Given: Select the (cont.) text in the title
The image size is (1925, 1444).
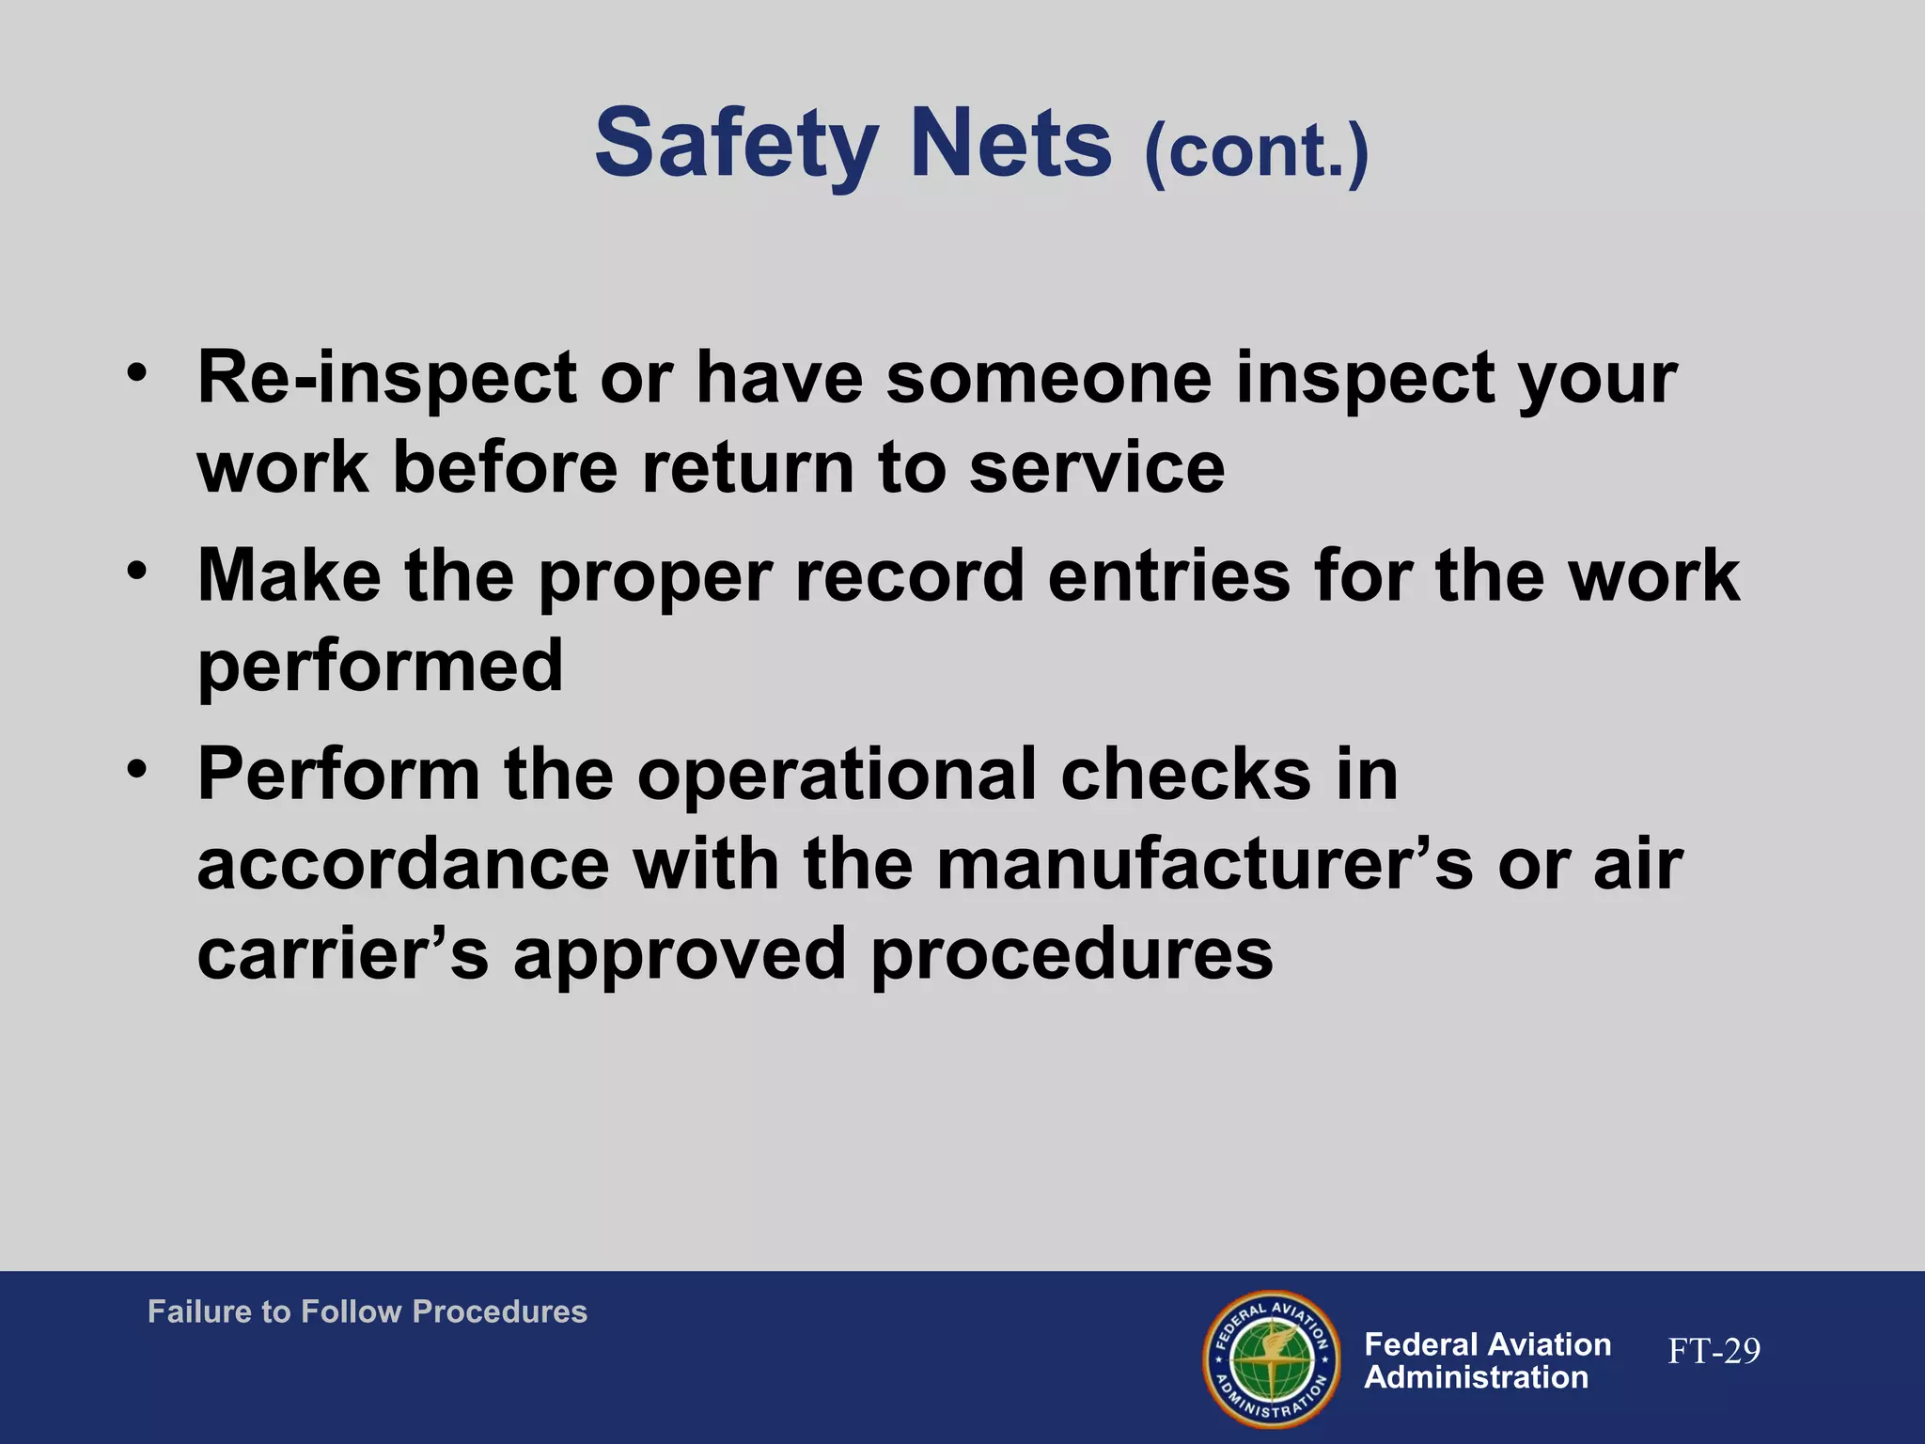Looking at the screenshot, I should point(1256,151).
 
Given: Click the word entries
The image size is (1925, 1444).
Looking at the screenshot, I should point(1168,575).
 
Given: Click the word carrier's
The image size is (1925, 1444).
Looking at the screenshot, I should point(343,954).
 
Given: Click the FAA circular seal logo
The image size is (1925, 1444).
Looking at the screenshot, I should point(1272,1358).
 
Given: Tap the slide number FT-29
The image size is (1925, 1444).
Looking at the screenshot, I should point(1714,1351).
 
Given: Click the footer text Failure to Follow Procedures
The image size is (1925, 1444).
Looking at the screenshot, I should point(368,1311).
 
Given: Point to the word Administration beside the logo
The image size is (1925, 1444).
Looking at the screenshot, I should point(1476,1378).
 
